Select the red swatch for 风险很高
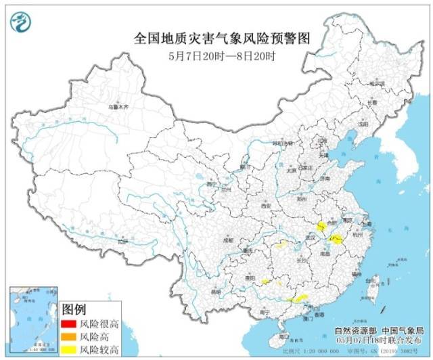click(69, 324)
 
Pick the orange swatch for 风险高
click(69, 336)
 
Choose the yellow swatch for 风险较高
click(69, 348)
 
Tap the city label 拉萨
click(121, 240)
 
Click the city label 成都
click(231, 240)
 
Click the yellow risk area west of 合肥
click(321, 225)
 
